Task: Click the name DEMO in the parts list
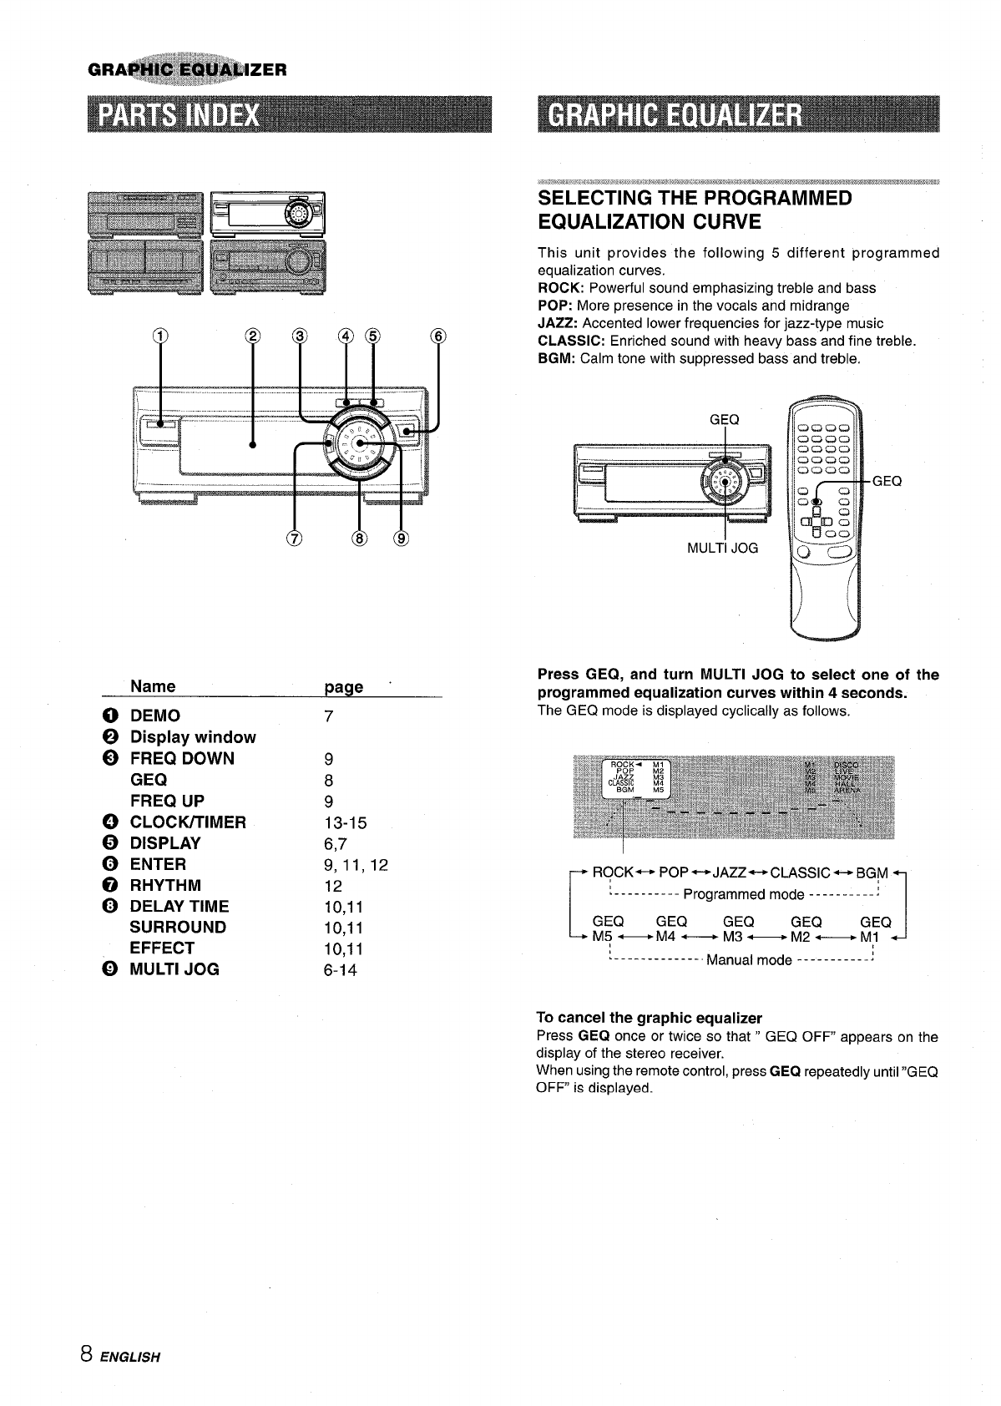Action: point(154,716)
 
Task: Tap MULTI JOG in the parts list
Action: point(174,970)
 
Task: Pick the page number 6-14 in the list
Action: point(340,970)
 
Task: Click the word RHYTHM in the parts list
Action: point(165,885)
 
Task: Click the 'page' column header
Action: point(343,687)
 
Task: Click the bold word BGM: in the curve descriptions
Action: point(556,359)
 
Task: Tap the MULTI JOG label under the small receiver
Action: point(722,549)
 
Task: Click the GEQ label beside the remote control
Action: point(887,481)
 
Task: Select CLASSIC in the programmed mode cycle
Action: point(800,873)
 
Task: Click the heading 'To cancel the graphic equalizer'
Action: point(649,1019)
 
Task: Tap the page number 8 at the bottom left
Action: point(87,1355)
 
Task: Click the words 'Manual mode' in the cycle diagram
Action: point(748,960)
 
